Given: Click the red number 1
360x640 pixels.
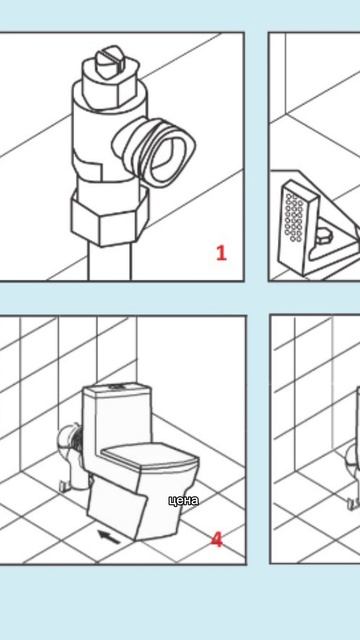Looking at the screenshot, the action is coord(221,253).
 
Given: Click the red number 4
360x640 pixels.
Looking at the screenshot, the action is coord(217,540).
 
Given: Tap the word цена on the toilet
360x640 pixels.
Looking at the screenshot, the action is coord(184,500).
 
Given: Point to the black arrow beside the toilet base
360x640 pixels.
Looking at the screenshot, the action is coord(109,537).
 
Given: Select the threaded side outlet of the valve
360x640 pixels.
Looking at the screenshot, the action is coord(153,149).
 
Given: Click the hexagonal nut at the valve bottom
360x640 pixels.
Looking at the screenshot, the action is coord(109,216).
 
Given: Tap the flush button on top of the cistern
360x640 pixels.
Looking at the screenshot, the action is coord(119,386).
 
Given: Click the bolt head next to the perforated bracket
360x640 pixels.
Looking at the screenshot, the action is coord(325,236).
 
